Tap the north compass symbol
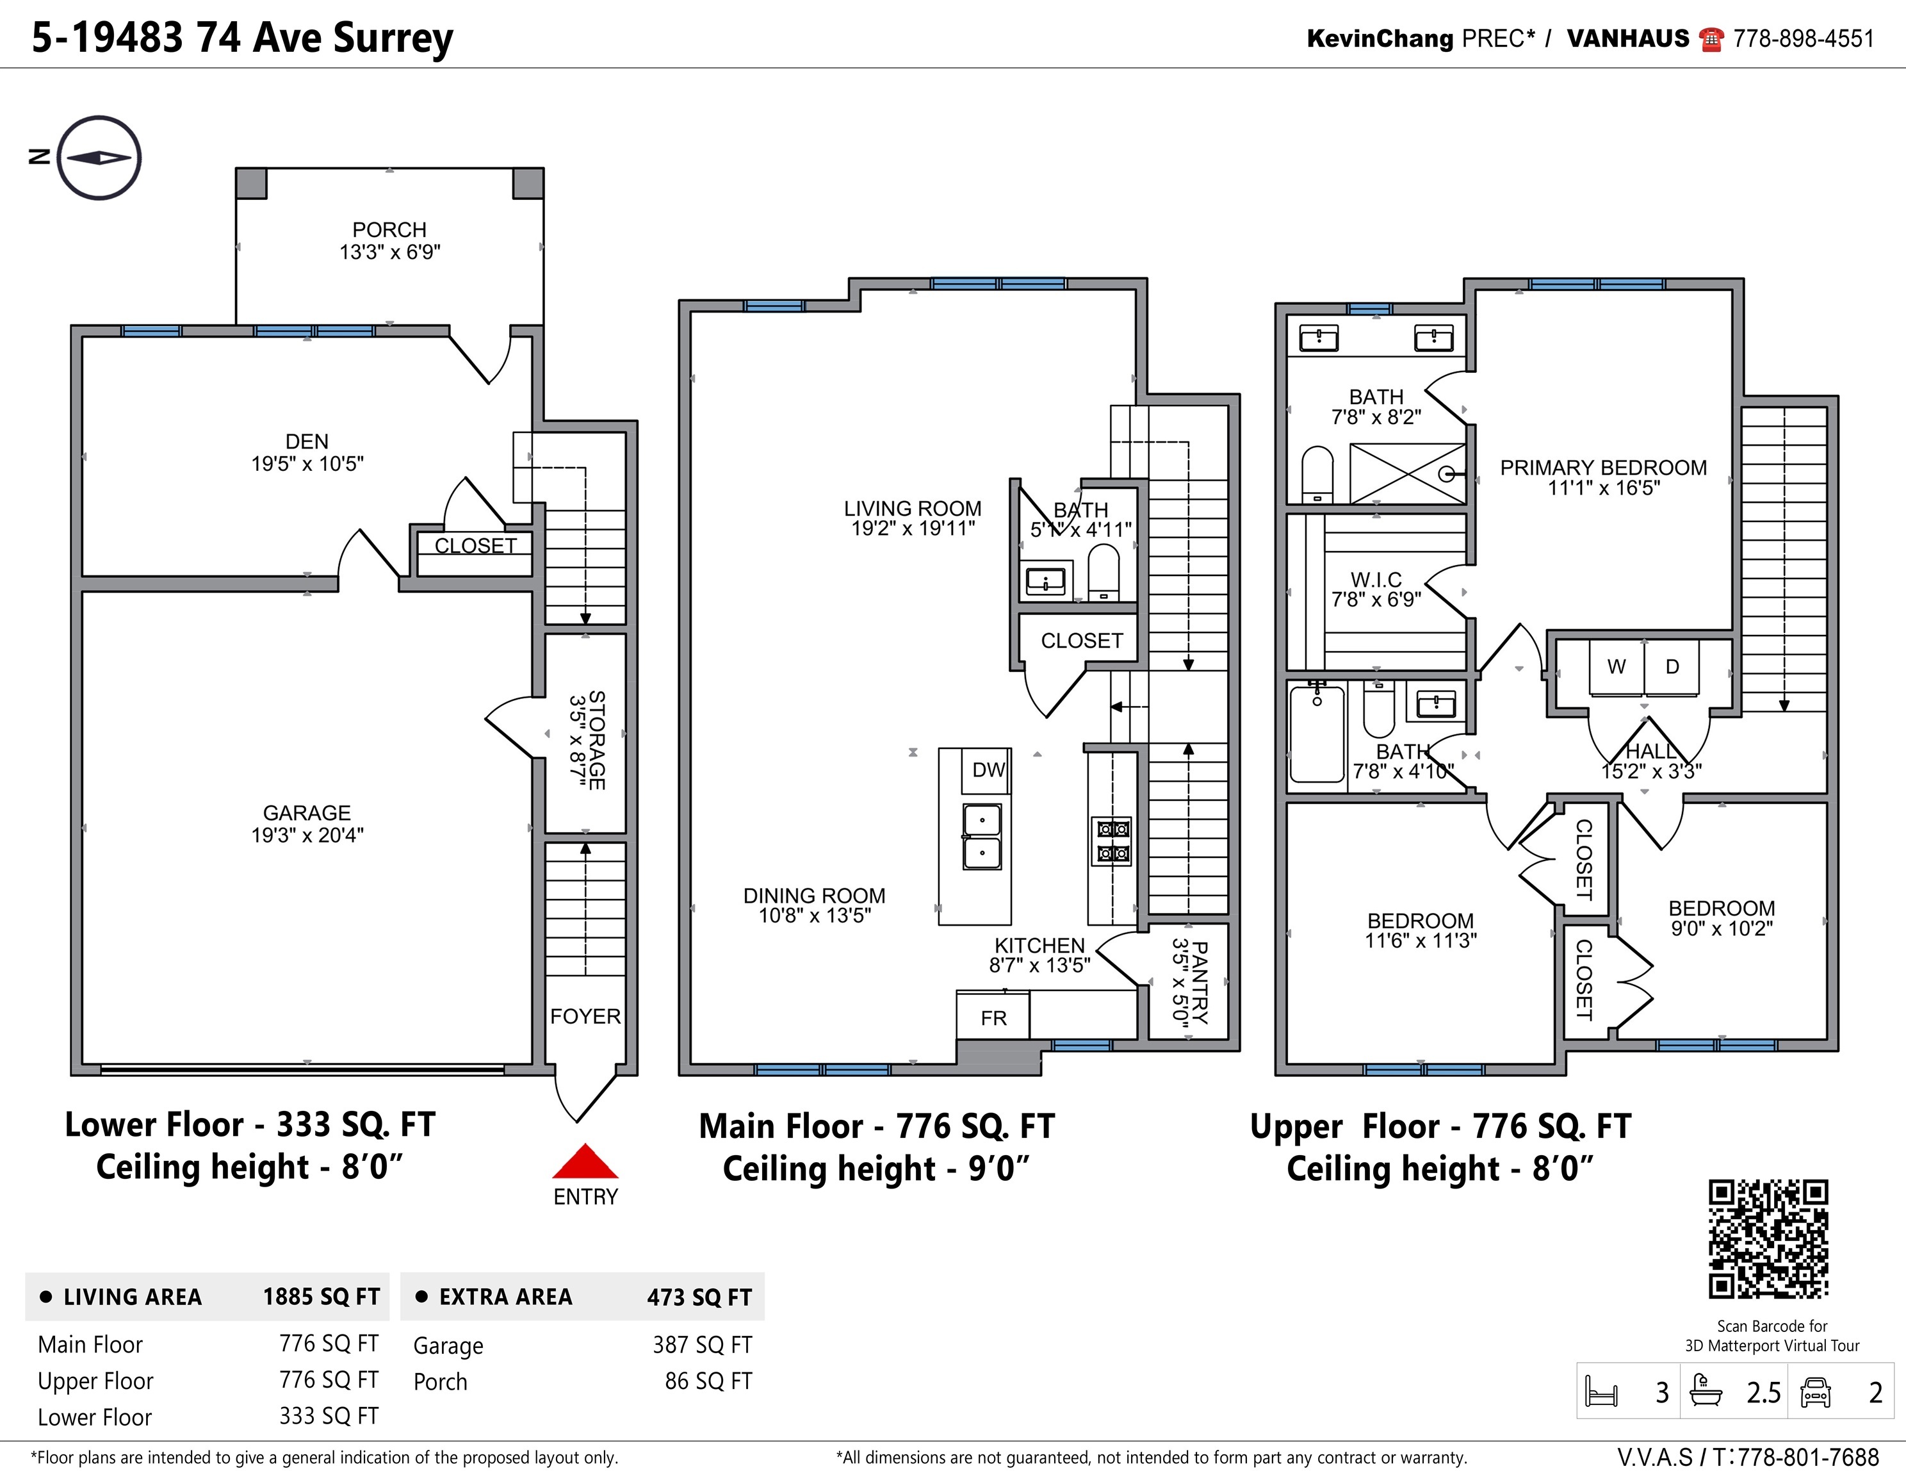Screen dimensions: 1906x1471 click(x=99, y=158)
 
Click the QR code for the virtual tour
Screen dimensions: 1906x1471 click(x=1768, y=1240)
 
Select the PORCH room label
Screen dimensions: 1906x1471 click(x=389, y=229)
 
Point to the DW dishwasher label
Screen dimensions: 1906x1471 click(x=989, y=769)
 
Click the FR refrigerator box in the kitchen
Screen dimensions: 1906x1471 click(x=993, y=1017)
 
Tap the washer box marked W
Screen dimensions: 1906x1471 click(x=1617, y=667)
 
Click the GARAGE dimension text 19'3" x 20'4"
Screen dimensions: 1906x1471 click(x=307, y=835)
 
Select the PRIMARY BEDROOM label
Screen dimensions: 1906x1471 click(x=1603, y=468)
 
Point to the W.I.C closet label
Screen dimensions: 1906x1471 click(x=1376, y=580)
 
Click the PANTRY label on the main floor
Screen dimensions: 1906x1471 click(x=1200, y=982)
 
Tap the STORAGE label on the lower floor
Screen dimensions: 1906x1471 click(x=597, y=740)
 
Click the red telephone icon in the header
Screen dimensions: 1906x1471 click(x=1711, y=39)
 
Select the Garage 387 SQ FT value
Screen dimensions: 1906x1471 click(x=703, y=1344)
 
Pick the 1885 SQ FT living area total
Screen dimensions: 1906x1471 click(x=321, y=1296)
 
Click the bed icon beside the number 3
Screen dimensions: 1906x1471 click(x=1601, y=1392)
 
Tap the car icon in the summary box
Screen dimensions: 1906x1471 click(x=1815, y=1392)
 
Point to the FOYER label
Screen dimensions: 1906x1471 click(x=585, y=1016)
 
